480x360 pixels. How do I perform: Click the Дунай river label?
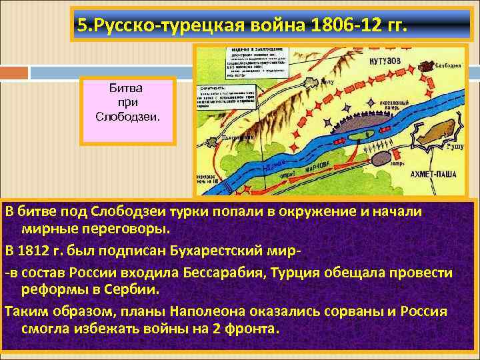pos(274,164)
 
